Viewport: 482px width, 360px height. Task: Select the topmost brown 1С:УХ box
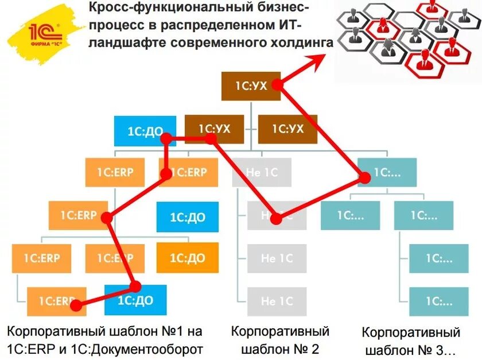click(251, 86)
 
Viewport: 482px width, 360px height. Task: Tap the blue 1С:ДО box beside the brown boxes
click(138, 131)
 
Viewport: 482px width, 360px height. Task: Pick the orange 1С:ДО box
click(188, 258)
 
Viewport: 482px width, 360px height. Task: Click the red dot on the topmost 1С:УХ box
click(278, 84)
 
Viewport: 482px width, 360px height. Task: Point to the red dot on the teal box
click(364, 178)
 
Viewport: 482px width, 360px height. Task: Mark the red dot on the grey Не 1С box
click(276, 218)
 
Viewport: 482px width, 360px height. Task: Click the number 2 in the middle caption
click(314, 349)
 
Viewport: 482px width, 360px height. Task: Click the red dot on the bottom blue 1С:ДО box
click(136, 285)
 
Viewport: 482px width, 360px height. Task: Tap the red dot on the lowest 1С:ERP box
click(75, 305)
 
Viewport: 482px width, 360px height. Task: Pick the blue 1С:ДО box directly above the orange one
click(188, 217)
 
